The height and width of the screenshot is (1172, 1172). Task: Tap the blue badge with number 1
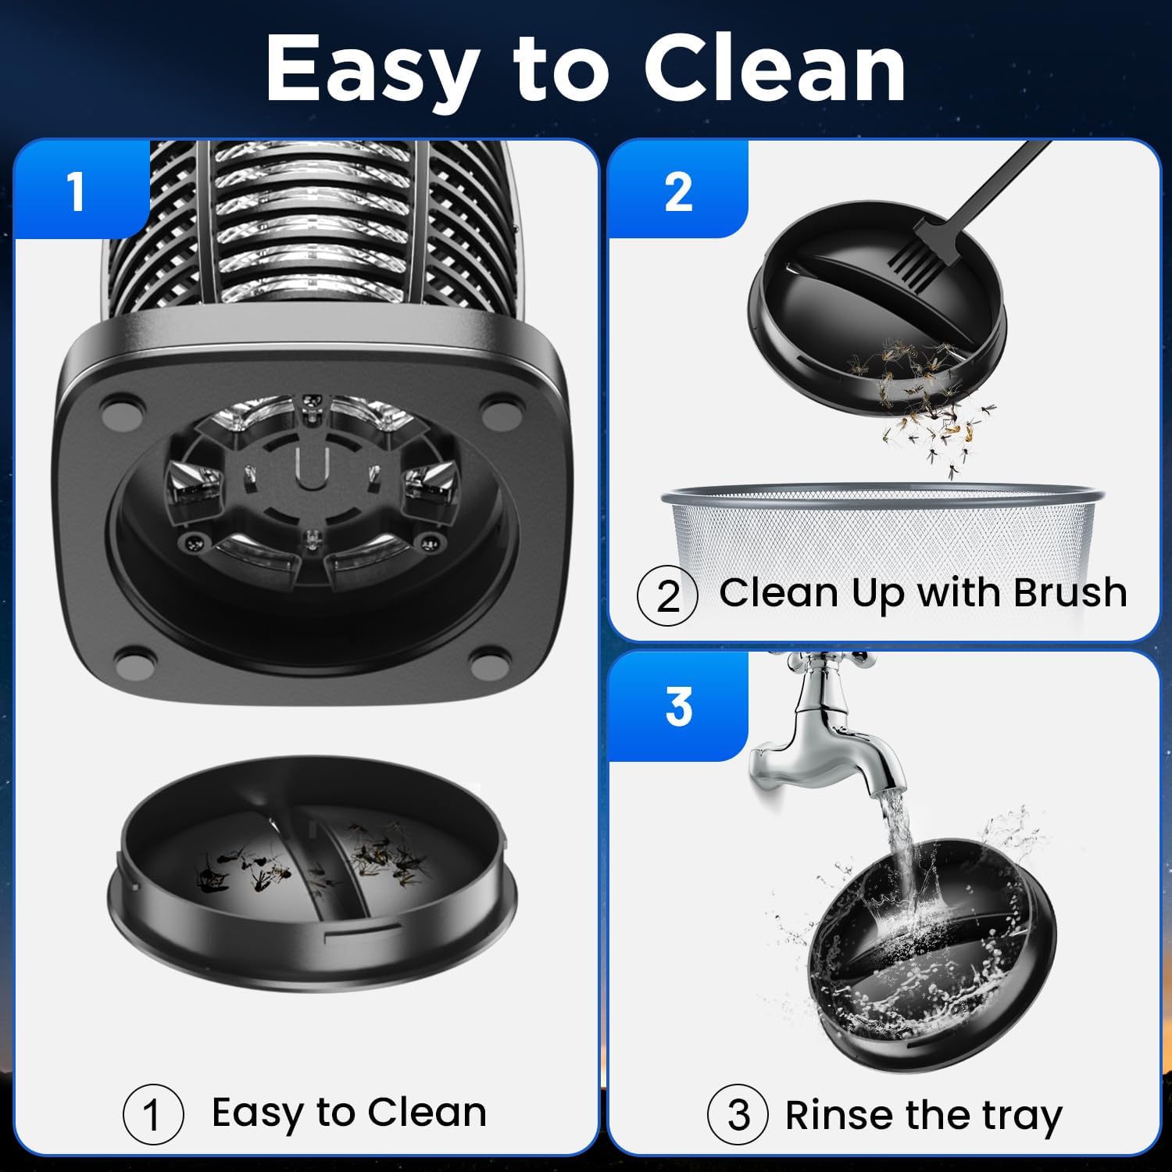click(77, 191)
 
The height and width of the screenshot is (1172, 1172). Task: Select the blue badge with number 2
click(678, 191)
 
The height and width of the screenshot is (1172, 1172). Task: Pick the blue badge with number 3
click(678, 707)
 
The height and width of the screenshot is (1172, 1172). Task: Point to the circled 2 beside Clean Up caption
click(666, 596)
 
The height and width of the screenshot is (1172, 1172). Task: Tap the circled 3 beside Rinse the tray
click(738, 1115)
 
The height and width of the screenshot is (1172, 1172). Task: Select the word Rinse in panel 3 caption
click(840, 1115)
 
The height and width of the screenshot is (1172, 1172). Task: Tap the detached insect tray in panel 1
click(313, 875)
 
